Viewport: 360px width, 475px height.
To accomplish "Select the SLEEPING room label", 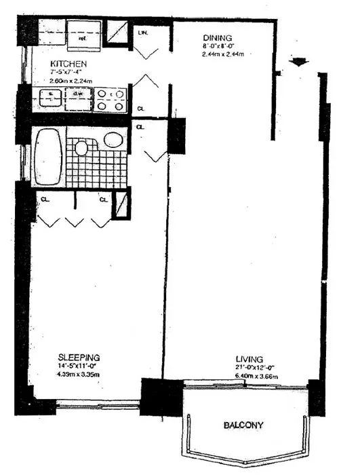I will point(79,357).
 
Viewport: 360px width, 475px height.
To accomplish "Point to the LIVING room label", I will point(249,358).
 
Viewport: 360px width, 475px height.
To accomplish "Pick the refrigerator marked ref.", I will point(83,38).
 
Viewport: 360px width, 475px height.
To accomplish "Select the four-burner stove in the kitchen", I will point(108,100).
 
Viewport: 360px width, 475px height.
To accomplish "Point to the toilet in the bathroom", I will point(83,147).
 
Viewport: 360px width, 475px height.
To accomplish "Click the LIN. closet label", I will point(143,32).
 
